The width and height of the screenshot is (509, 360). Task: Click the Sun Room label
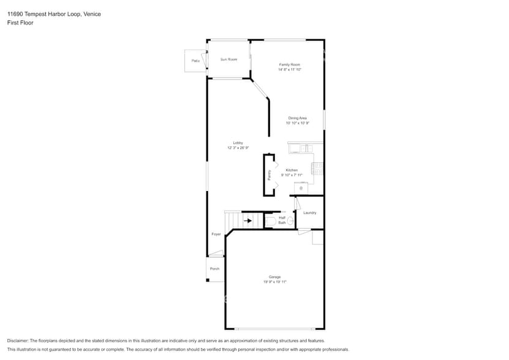tap(228, 59)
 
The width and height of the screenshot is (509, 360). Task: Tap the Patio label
tap(195, 61)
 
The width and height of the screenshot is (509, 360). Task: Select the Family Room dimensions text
tap(290, 70)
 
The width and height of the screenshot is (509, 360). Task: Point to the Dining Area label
tap(298, 118)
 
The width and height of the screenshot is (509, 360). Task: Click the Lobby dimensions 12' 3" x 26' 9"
tap(238, 148)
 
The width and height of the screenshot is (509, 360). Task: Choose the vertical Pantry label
tap(269, 174)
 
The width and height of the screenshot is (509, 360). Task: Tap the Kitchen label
tap(292, 170)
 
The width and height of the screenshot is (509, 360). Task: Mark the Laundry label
tap(309, 212)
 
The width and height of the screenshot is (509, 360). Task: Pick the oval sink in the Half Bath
tap(270, 220)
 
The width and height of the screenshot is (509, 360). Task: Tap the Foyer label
tap(216, 234)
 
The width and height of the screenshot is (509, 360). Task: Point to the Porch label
tap(214, 269)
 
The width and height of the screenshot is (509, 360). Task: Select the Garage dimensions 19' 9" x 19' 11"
tap(275, 282)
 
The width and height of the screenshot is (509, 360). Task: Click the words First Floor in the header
tap(20, 23)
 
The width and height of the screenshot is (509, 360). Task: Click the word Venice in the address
tap(93, 13)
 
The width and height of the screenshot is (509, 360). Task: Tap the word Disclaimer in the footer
tap(19, 340)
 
